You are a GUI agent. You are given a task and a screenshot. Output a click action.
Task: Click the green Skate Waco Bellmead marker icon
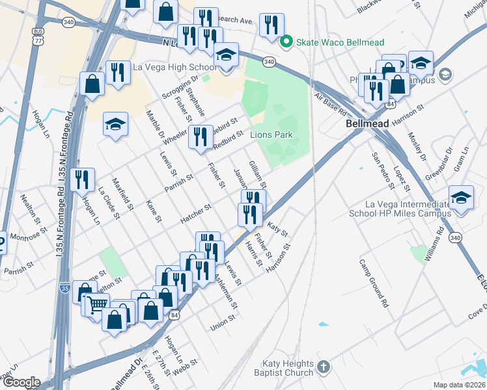[x=285, y=43]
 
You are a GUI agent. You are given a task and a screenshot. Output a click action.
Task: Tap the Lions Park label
[x=271, y=135]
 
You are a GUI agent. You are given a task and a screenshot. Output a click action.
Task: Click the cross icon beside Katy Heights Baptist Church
[x=324, y=368]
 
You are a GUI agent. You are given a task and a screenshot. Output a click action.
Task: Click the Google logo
[x=21, y=382]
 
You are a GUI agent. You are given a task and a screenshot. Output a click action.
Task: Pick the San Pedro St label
[x=383, y=170]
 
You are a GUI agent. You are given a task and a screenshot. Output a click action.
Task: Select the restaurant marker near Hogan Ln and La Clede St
[x=82, y=179]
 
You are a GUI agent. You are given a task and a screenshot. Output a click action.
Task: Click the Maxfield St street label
[x=122, y=196]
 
